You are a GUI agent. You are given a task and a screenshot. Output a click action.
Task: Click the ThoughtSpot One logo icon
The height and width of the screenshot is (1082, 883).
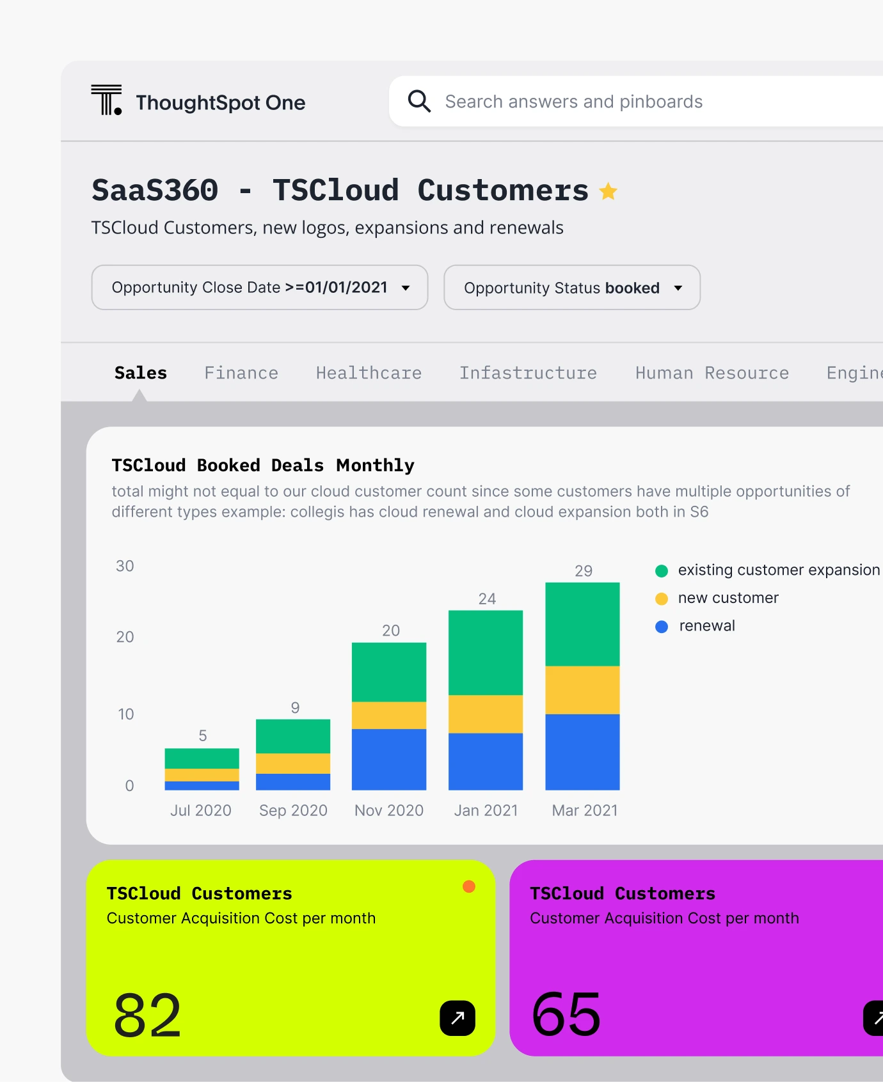point(106,100)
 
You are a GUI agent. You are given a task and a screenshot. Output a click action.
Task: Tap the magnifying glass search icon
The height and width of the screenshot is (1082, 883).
point(419,101)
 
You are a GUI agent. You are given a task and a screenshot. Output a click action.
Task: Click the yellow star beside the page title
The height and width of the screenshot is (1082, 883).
point(608,191)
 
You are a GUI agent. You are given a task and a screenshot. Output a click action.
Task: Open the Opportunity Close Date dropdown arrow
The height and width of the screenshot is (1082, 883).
point(406,288)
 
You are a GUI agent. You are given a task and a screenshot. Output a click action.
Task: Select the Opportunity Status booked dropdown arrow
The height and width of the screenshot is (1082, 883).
point(678,288)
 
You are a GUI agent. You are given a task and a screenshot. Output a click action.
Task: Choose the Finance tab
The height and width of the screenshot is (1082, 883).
point(241,373)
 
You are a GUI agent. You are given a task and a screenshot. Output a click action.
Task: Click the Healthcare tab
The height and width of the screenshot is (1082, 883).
point(369,373)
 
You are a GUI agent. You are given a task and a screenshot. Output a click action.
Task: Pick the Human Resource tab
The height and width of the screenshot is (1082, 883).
point(712,373)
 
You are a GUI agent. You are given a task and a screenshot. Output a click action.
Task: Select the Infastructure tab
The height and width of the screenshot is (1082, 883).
point(528,373)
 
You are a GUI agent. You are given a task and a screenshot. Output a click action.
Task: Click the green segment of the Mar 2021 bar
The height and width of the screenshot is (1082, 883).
point(582,624)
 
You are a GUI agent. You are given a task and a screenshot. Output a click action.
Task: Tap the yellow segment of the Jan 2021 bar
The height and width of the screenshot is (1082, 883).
point(486,714)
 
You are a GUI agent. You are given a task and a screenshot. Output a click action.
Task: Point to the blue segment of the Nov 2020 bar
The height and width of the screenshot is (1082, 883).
point(389,759)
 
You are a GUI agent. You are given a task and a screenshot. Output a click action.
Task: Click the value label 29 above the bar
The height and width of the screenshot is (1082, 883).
point(584,571)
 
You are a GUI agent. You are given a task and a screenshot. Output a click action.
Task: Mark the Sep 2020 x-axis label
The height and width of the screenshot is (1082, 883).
point(293,810)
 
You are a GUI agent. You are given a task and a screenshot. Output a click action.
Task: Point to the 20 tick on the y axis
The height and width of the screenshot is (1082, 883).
point(125,637)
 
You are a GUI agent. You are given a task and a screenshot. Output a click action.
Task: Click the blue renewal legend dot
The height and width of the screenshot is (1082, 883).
point(662,627)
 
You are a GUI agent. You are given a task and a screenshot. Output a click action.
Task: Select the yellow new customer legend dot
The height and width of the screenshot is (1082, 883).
point(662,599)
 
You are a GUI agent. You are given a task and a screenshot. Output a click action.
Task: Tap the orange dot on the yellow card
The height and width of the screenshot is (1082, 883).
point(469,886)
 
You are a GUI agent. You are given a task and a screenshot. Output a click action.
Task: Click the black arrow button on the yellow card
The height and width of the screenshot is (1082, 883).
point(457,1018)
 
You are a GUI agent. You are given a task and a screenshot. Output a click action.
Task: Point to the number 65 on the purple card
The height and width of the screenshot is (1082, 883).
point(566,1014)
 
